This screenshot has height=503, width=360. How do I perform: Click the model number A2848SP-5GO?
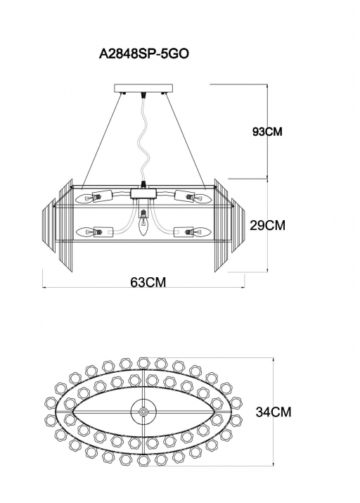point(143,54)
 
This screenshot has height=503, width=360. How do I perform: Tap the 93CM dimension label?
point(267,132)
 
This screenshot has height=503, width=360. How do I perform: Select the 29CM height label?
point(267,226)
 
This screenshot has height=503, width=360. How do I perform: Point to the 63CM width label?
point(148,282)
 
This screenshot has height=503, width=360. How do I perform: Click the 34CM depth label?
point(274,412)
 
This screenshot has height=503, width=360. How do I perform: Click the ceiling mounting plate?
point(143,88)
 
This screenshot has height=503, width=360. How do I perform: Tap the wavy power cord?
point(144,138)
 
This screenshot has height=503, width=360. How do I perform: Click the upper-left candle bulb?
point(84,199)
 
